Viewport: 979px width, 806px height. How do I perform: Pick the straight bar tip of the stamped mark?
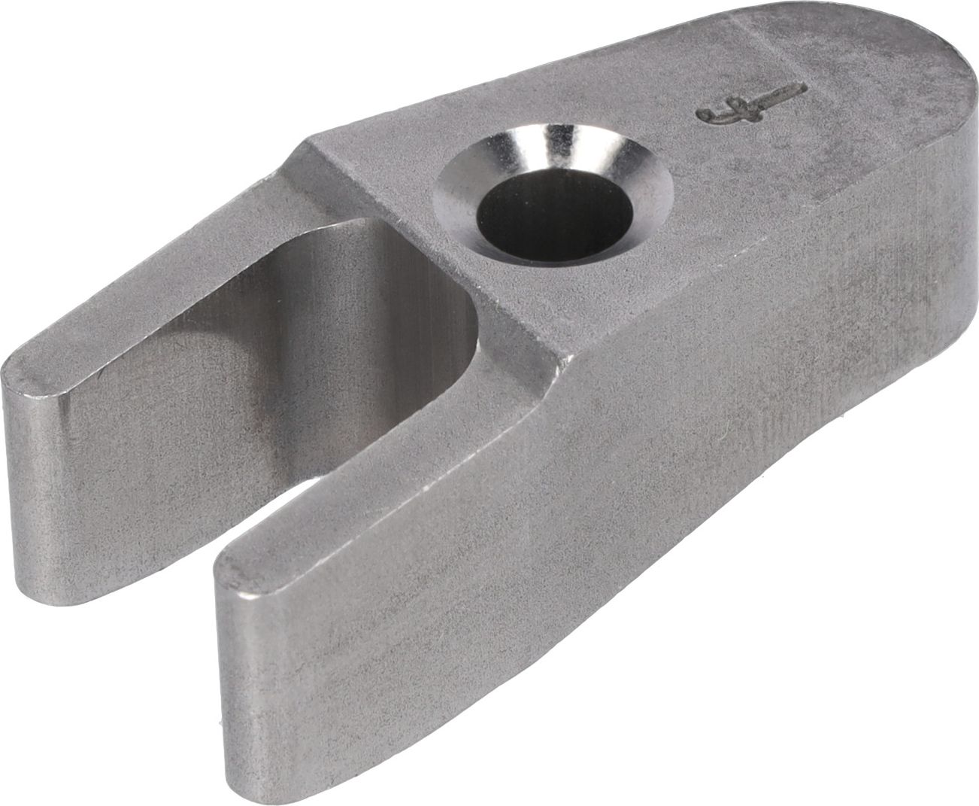pos(797,89)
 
